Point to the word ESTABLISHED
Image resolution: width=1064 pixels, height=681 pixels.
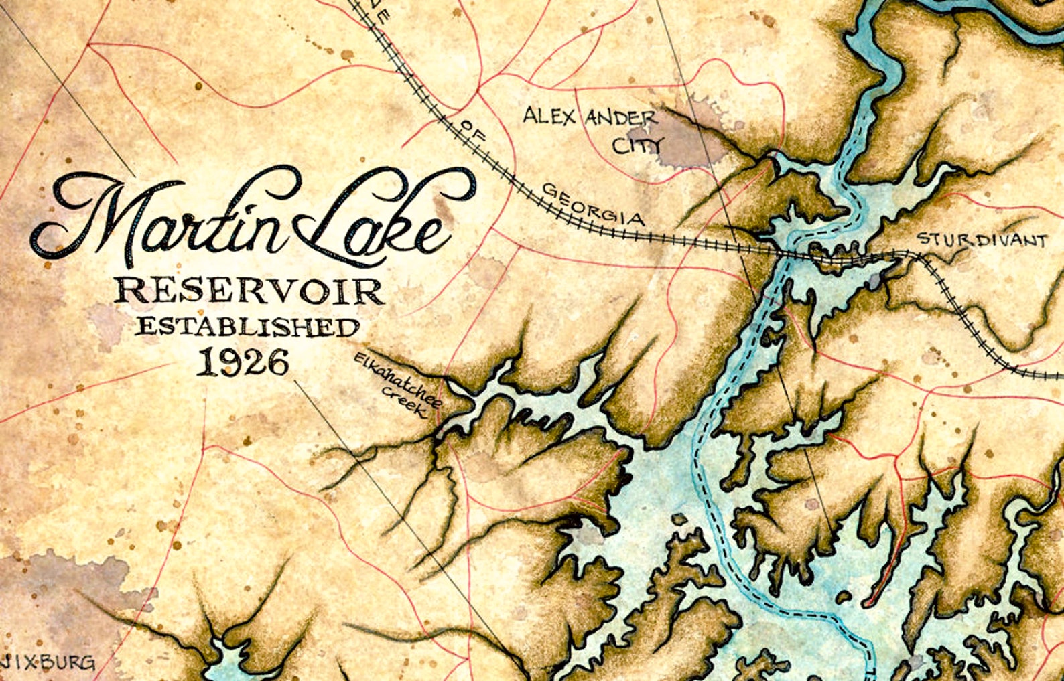(248, 327)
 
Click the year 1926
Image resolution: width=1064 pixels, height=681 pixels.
(244, 362)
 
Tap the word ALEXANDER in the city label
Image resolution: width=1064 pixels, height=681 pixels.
(590, 119)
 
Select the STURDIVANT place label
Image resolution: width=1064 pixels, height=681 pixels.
(981, 240)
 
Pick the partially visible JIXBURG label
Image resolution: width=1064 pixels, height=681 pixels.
(47, 664)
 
